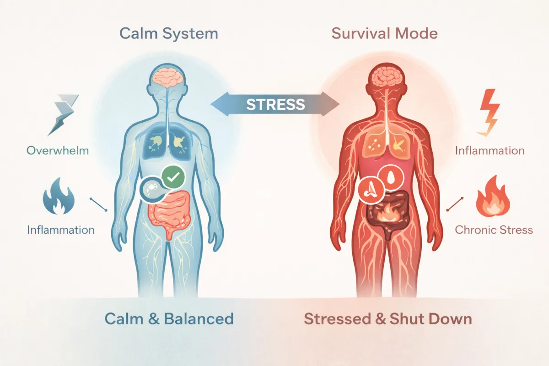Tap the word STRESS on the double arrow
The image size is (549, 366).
(x=275, y=104)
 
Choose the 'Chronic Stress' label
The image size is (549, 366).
(x=494, y=229)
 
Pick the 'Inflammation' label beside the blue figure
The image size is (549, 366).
(x=60, y=229)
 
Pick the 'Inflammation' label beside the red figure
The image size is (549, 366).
(x=490, y=150)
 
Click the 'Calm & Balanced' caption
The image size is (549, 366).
(x=169, y=318)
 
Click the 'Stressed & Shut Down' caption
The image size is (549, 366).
(x=388, y=318)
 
